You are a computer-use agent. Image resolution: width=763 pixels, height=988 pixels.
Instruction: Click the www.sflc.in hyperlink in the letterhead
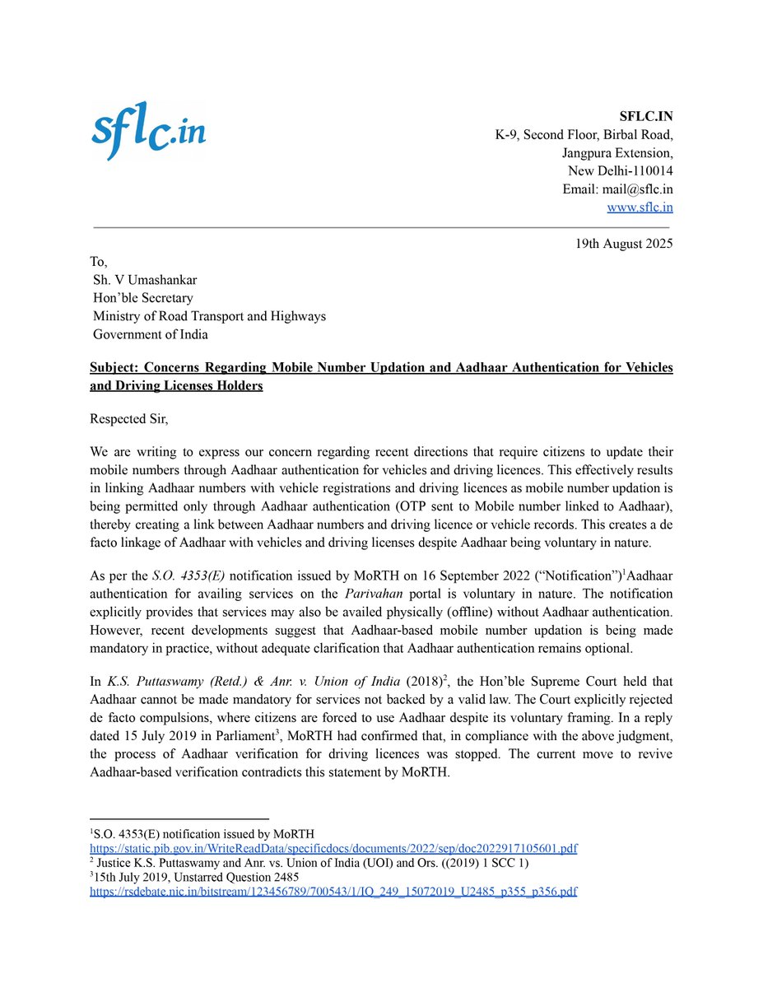click(x=639, y=207)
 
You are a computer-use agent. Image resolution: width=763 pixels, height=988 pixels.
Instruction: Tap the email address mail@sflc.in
click(x=640, y=189)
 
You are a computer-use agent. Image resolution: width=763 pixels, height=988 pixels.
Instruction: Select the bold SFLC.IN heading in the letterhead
click(x=645, y=116)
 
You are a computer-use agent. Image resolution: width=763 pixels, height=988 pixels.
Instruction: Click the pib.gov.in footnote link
click(x=333, y=848)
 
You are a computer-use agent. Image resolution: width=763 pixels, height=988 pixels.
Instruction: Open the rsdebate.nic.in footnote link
click(x=333, y=891)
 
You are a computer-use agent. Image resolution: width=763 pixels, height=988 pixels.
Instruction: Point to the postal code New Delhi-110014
click(x=620, y=171)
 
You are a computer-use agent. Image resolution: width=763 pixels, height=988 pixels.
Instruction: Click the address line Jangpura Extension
click(x=617, y=153)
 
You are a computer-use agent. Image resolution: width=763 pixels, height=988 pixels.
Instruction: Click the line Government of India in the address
click(x=150, y=334)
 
